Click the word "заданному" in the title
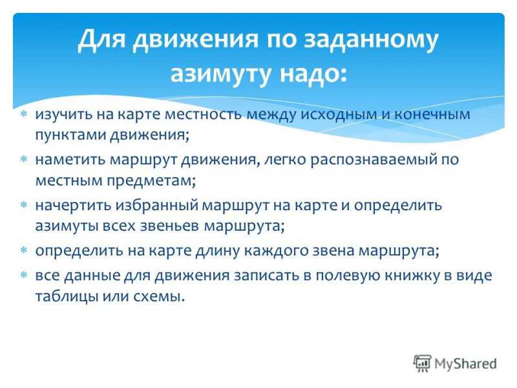pyautogui.click(x=371, y=40)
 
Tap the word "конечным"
pyautogui.click(x=432, y=114)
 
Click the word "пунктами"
pyautogui.click(x=70, y=135)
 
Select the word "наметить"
pyautogui.click(x=70, y=160)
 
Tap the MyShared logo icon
pyautogui.click(x=422, y=363)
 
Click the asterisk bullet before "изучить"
pyautogui.click(x=23, y=114)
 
